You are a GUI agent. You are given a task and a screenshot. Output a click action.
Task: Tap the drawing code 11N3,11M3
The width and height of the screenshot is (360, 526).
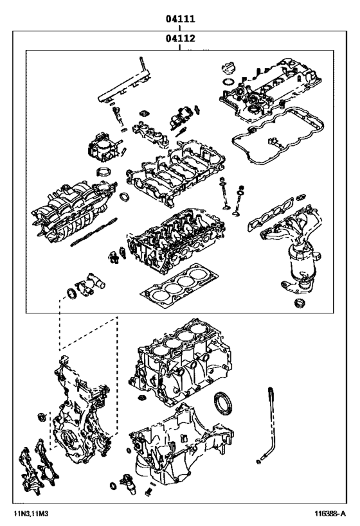point(32,513)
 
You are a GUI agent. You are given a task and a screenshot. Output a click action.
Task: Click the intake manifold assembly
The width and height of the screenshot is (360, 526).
point(71,206)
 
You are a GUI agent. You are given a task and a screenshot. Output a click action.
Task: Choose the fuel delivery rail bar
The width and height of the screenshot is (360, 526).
point(122,84)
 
